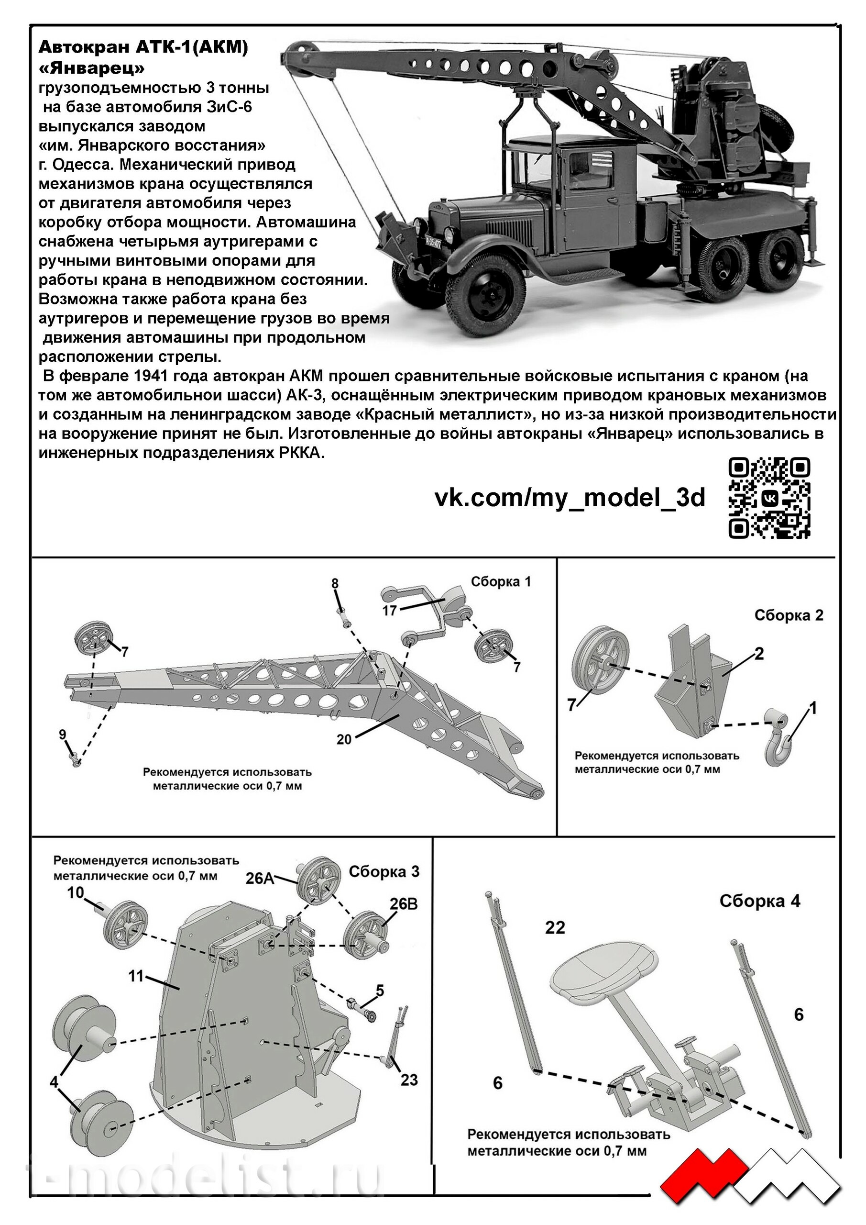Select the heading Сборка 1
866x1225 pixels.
(x=501, y=581)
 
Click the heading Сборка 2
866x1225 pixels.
(x=788, y=615)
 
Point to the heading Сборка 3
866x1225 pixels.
(x=384, y=871)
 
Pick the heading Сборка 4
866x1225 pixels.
(x=759, y=901)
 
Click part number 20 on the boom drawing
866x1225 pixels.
(x=344, y=739)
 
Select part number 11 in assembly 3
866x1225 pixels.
(x=136, y=976)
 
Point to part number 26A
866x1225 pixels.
(x=259, y=878)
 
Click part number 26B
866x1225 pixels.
(x=404, y=904)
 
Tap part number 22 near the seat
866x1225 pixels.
(x=555, y=927)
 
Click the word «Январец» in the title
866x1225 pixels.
(x=92, y=69)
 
